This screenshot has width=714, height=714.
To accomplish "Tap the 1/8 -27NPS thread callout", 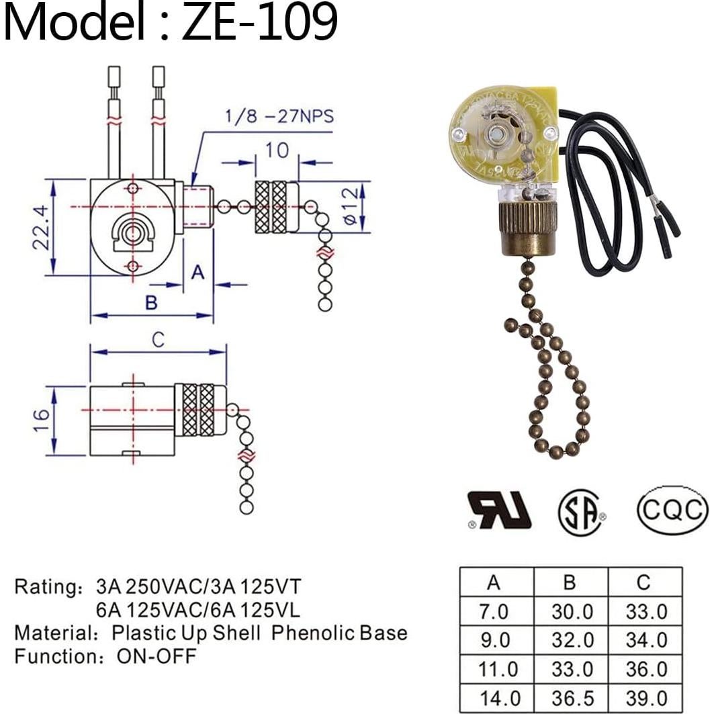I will tap(277, 118).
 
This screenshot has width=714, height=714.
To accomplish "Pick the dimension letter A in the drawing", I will tap(197, 272).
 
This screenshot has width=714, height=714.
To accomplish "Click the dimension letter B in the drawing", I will tap(151, 303).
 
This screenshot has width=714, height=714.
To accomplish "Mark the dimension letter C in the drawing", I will tap(158, 341).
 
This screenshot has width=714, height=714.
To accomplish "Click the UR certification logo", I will tap(499, 510).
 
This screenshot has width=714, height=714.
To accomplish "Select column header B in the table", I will tap(570, 582).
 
